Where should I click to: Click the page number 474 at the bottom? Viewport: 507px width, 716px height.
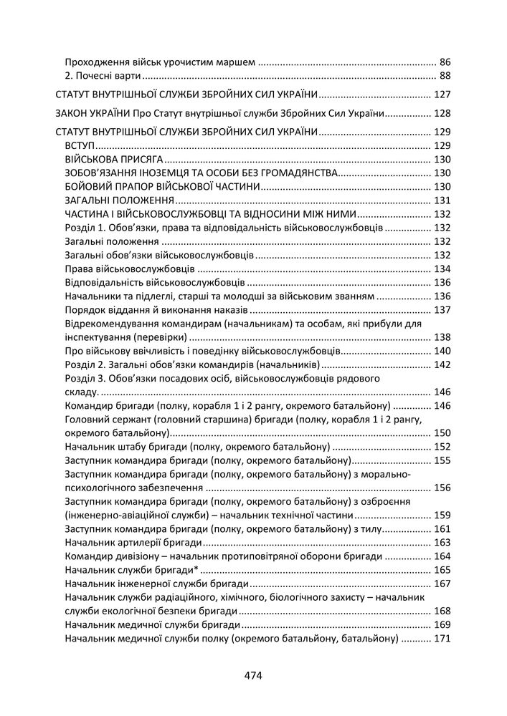[253, 674]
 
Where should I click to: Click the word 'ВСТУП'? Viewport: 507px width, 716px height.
[80, 145]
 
